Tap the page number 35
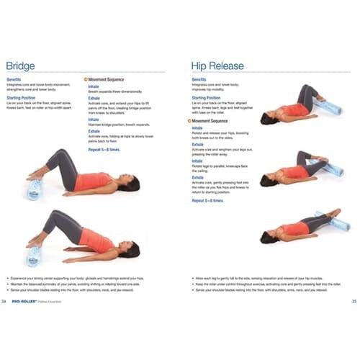tap(354, 300)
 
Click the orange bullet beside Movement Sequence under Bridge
tap(86, 79)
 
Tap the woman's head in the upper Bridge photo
tap(132, 184)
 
